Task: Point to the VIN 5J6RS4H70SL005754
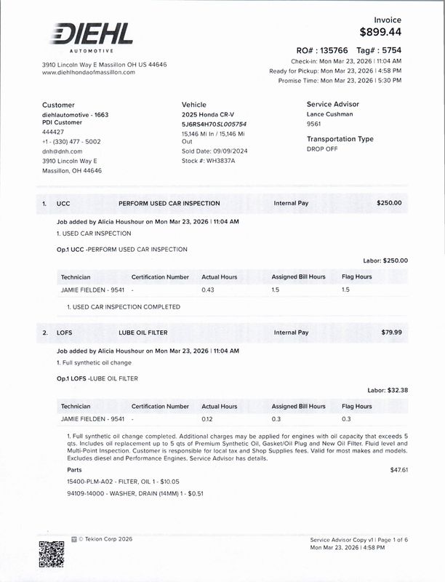tap(215, 124)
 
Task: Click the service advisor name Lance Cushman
tap(330, 114)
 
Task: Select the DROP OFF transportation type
tap(324, 148)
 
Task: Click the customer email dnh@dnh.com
tap(63, 151)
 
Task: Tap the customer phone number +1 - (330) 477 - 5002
tap(71, 142)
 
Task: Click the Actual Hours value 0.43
tap(209, 290)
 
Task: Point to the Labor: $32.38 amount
tap(388, 390)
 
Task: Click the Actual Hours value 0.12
tap(208, 419)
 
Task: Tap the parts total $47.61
tap(398, 470)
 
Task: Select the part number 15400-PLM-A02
tap(89, 482)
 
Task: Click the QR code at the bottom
tap(51, 553)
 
